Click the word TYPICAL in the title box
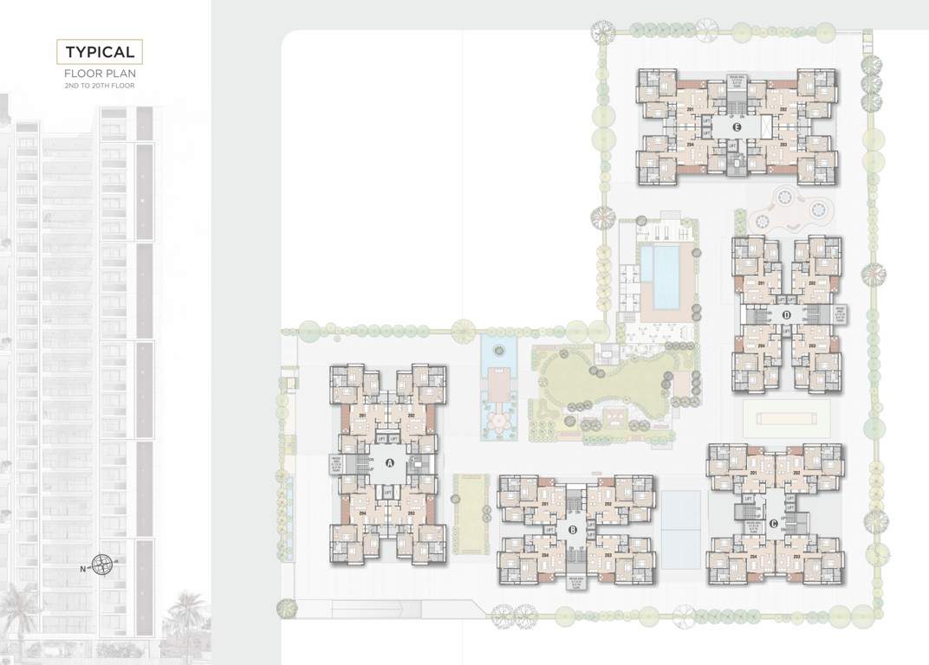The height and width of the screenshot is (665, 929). pyautogui.click(x=100, y=53)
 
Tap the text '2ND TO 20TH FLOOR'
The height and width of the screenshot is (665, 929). pyautogui.click(x=100, y=87)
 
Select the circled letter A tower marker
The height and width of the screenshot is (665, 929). pyautogui.click(x=389, y=462)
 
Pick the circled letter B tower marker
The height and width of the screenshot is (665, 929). pyautogui.click(x=573, y=530)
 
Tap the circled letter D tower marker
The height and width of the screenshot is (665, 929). pyautogui.click(x=786, y=315)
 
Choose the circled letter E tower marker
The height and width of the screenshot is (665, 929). pyautogui.click(x=737, y=126)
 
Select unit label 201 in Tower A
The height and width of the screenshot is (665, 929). pyautogui.click(x=361, y=416)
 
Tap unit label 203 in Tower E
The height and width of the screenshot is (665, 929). pyautogui.click(x=783, y=145)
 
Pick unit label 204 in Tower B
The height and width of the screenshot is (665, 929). pyautogui.click(x=545, y=555)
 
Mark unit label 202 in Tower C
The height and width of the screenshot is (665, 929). pyautogui.click(x=795, y=473)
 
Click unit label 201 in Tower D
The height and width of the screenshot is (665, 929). pyautogui.click(x=762, y=284)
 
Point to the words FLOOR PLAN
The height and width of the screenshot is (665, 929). pyautogui.click(x=100, y=74)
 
